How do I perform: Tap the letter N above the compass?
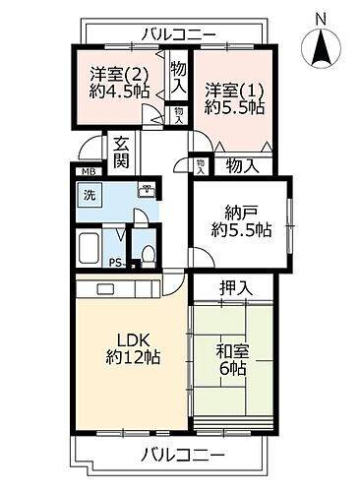pos(321,17)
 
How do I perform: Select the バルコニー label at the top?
pos(178,34)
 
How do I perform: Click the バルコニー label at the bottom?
pos(182,457)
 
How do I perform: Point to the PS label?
pos(115,263)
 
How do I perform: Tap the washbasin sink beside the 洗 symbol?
pos(147,192)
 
